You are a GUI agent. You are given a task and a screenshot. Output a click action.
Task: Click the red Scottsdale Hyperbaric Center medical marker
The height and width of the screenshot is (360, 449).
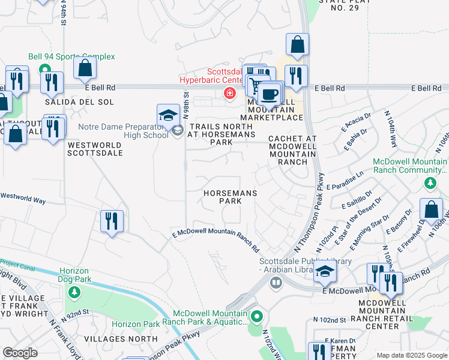pos(229,93)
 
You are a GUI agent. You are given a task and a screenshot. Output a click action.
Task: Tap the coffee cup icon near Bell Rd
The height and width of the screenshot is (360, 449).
pos(270,95)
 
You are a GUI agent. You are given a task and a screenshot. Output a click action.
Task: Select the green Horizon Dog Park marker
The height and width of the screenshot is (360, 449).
pos(74,293)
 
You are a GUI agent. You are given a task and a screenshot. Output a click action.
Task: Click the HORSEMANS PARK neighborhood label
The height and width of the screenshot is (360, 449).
pos(231,197)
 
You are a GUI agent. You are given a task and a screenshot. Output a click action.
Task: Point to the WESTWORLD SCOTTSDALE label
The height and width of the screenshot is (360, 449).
pos(95,149)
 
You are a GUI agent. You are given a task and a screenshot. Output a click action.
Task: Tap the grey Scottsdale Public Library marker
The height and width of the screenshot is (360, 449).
pos(276,283)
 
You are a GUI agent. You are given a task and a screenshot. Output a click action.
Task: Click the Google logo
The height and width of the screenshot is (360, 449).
pos(20,353)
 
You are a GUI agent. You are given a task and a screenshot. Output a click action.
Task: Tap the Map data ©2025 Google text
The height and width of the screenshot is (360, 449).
pos(411,355)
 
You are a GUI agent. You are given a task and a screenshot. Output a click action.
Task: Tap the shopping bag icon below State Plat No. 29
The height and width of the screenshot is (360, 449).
pos(297,45)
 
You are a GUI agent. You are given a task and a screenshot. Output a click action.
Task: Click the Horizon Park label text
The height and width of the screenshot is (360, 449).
pos(135,324)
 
